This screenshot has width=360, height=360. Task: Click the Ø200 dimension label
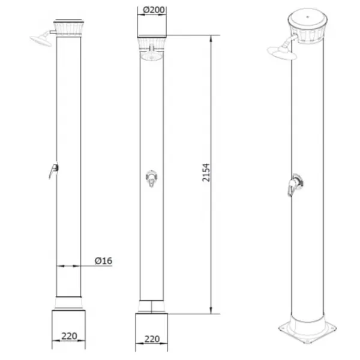pyautogui.click(x=154, y=10)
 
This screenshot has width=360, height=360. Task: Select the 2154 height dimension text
pyautogui.click(x=206, y=173)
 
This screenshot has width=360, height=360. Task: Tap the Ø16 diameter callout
pyautogui.click(x=103, y=260)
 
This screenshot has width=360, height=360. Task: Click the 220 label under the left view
pyautogui.click(x=69, y=336)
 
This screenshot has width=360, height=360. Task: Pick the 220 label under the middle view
pyautogui.click(x=152, y=339)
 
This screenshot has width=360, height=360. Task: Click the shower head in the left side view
pyautogui.click(x=41, y=40)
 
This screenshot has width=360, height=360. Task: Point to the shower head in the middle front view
pyautogui.click(x=152, y=56)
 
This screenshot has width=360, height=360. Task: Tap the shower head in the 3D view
pyautogui.click(x=282, y=52)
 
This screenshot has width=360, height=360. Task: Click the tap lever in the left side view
pyautogui.click(x=54, y=170)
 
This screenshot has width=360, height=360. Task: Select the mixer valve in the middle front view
pyautogui.click(x=152, y=178)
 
